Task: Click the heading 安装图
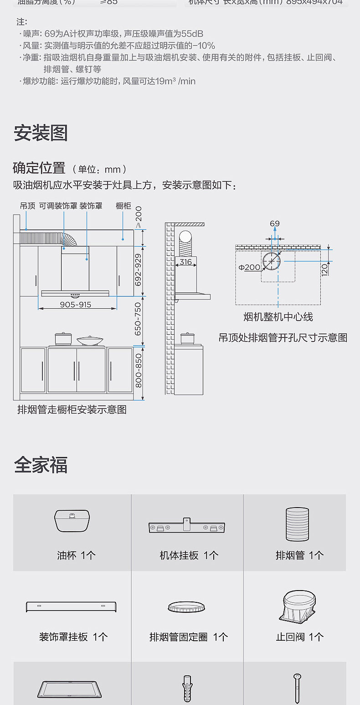pos(41,133)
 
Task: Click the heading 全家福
pos(41,465)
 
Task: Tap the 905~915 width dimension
pos(76,305)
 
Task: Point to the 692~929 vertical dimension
pos(139,270)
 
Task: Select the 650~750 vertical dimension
pos(139,320)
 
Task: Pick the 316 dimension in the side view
pos(185,262)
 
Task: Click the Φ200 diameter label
pos(250,267)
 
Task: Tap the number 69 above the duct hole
pos(274,224)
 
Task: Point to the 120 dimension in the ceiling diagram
pos(324,269)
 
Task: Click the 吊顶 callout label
pos(27,206)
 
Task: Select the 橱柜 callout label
pos(123,206)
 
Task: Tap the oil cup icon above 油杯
pos(72,521)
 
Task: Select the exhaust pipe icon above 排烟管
pos(298,521)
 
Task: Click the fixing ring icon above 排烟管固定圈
pos(187,607)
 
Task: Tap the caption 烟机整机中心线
pos(278,317)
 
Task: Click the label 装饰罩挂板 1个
pos(73,637)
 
